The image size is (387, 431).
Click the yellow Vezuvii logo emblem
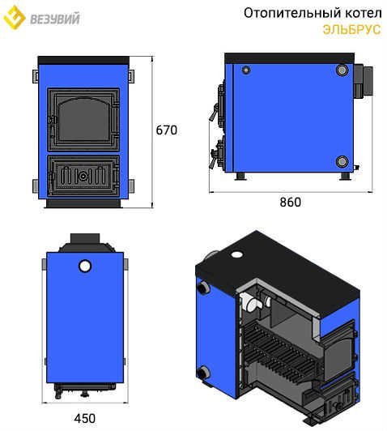click(14, 17)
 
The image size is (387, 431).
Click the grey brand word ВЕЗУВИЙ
click(55, 19)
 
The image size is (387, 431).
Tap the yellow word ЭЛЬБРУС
click(352, 29)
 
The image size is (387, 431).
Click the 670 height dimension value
click(167, 130)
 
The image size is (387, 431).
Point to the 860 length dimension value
click(291, 202)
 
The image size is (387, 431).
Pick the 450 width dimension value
click(84, 418)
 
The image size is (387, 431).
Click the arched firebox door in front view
click(83, 120)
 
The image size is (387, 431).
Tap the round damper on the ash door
click(83, 176)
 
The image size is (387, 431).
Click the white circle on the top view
click(85, 266)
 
